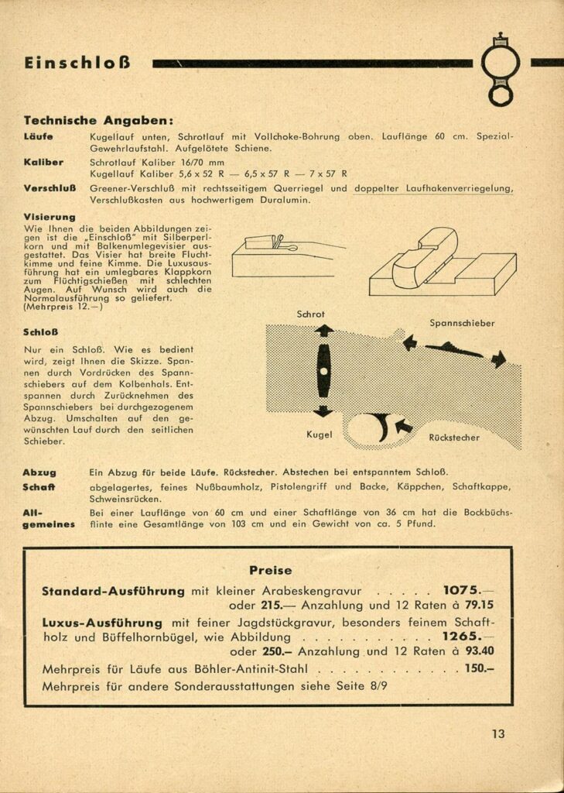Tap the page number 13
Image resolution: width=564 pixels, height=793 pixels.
point(497,734)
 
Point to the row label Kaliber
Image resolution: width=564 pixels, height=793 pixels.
point(43,162)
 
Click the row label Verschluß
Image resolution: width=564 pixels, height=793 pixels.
point(49,188)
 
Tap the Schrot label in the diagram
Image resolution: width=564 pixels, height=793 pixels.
point(311,314)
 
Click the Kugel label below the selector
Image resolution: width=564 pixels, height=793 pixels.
point(319,434)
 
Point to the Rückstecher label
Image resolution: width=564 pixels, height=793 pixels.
point(454,438)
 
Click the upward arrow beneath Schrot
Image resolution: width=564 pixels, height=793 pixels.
point(323,331)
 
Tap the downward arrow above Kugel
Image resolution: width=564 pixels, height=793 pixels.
point(323,411)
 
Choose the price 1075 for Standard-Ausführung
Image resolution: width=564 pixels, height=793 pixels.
point(462,590)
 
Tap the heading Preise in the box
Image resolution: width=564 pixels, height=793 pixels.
point(270,570)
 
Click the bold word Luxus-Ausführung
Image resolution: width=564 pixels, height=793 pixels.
point(102,622)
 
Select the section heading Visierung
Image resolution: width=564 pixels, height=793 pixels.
point(50,218)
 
